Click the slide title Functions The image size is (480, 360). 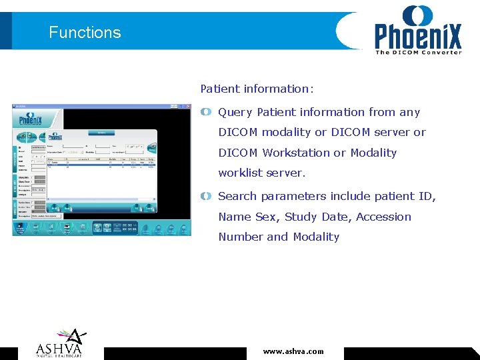[x=85, y=33]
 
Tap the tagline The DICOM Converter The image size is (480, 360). [x=418, y=52]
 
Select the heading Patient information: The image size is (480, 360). [x=257, y=89]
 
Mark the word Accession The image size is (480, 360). [x=383, y=217]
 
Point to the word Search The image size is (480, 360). [x=237, y=196]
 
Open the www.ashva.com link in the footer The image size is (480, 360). [x=293, y=351]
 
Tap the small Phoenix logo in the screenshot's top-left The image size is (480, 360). [x=30, y=120]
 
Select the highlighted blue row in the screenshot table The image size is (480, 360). [x=100, y=163]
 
